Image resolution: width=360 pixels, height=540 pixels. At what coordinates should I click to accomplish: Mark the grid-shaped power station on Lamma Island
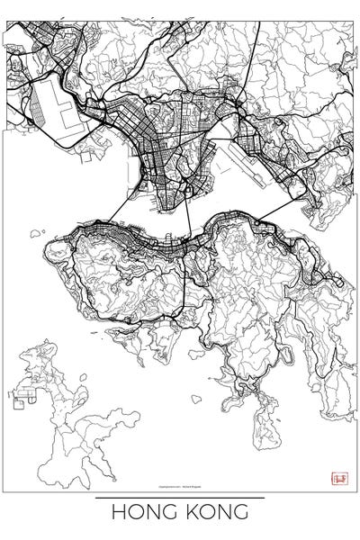pyautogui.click(x=23, y=396)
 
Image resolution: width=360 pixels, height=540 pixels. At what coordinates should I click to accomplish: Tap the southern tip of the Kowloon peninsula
pyautogui.click(x=163, y=210)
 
